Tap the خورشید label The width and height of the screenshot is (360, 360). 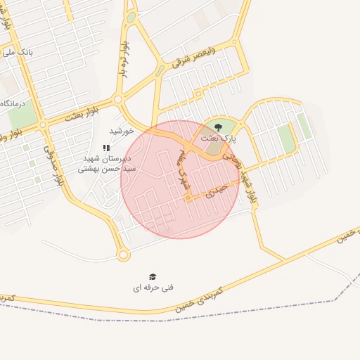click(122, 131)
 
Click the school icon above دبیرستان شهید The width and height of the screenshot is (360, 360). click(106, 148)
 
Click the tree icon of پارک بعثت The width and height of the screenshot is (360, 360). click(218, 127)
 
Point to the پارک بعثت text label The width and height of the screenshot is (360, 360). click(219, 139)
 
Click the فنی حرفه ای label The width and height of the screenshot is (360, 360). click(153, 288)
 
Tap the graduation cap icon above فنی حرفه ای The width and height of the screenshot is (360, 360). click(153, 277)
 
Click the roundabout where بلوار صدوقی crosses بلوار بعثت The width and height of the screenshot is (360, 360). click(43, 124)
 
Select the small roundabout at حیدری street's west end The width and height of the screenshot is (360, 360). click(188, 199)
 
